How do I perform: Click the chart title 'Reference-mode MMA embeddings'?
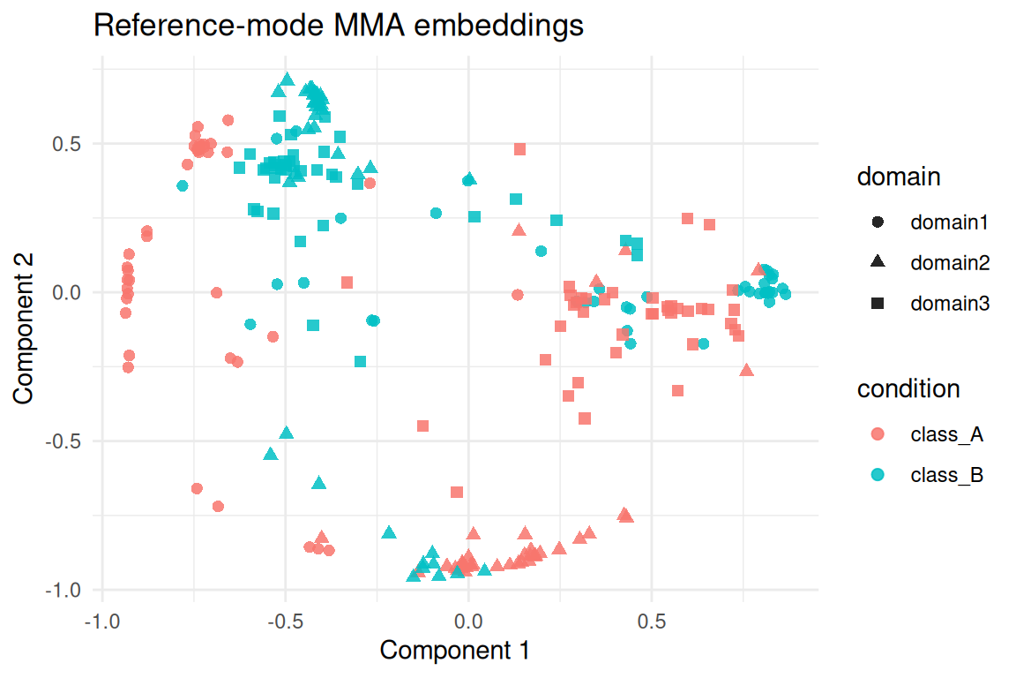click(338, 26)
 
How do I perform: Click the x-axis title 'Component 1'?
click(454, 651)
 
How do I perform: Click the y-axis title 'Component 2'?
click(24, 325)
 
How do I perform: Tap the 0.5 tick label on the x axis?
click(651, 621)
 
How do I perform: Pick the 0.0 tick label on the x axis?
click(468, 621)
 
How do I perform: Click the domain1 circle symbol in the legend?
click(878, 222)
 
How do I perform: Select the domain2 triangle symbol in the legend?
click(878, 262)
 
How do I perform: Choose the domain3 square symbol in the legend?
click(878, 304)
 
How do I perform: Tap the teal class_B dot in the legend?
click(878, 475)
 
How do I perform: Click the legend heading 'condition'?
click(908, 388)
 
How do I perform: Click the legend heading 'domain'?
click(899, 177)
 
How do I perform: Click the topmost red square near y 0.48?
click(520, 149)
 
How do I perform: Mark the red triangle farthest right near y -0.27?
click(747, 371)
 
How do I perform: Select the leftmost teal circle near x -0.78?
click(183, 186)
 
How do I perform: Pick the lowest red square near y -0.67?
click(457, 492)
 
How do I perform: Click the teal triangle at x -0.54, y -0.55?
click(271, 454)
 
